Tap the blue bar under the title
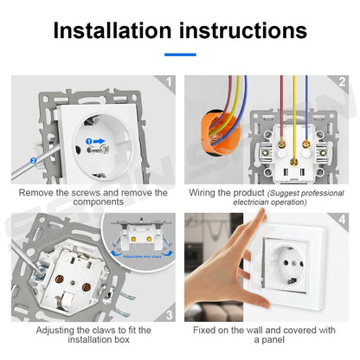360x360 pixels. tap(179, 55)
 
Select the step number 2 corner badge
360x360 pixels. tap(343, 84)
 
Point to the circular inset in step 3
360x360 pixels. tap(138, 247)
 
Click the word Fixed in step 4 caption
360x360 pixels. tap(204, 331)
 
